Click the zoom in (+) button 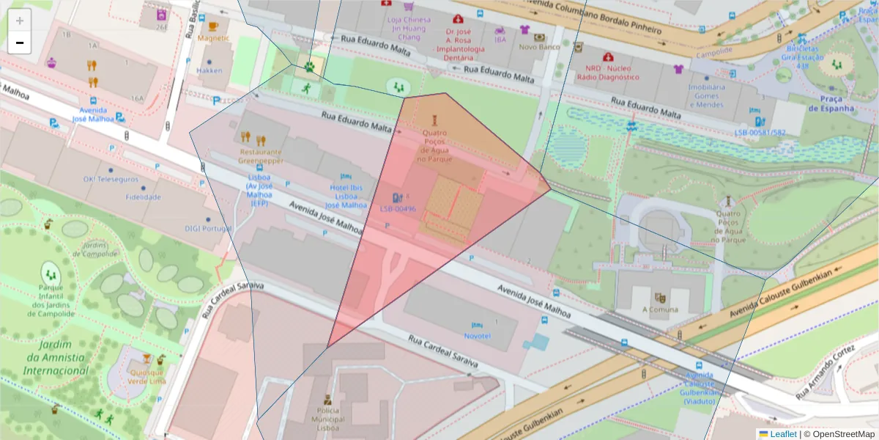click(x=20, y=21)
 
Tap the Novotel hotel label click(x=477, y=336)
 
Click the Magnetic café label click(x=213, y=38)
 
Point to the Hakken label click(x=209, y=71)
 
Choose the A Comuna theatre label click(x=660, y=309)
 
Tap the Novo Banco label click(x=539, y=48)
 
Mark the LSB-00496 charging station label click(x=398, y=209)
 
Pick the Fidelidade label click(x=143, y=197)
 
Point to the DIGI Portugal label click(x=208, y=229)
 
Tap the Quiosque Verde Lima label click(x=146, y=376)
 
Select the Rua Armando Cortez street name click(x=828, y=373)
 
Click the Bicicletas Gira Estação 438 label click(x=802, y=57)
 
